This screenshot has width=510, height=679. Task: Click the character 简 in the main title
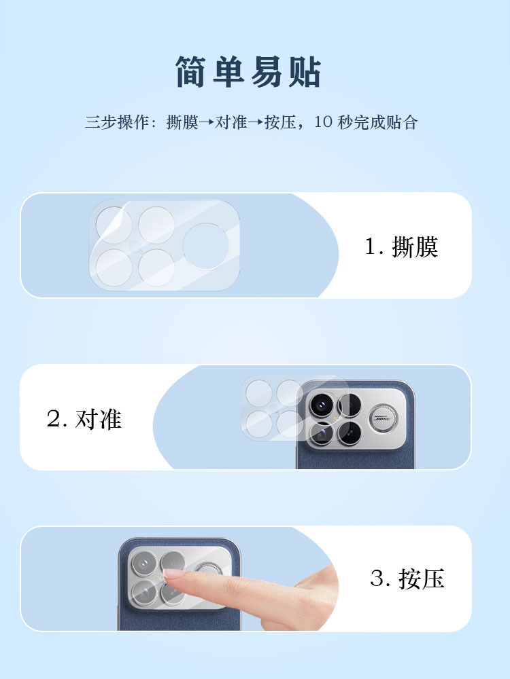pyautogui.click(x=190, y=72)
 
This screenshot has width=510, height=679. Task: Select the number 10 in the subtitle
pyautogui.click(x=323, y=122)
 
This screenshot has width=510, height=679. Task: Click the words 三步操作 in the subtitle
pyautogui.click(x=117, y=122)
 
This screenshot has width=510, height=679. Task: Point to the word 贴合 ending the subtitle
pyautogui.click(x=402, y=122)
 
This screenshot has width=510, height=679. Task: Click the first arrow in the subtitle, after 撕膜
pyautogui.click(x=207, y=122)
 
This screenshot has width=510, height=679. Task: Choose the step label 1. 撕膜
pyautogui.click(x=402, y=246)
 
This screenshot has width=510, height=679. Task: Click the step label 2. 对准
pyautogui.click(x=84, y=419)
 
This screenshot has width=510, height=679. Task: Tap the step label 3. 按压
pyautogui.click(x=407, y=579)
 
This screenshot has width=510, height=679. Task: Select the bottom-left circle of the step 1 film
pyautogui.click(x=114, y=267)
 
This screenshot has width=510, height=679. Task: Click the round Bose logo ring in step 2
pyautogui.click(x=383, y=419)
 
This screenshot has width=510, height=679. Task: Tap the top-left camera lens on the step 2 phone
pyautogui.click(x=322, y=405)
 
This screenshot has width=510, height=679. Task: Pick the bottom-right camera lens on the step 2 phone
pyautogui.click(x=350, y=433)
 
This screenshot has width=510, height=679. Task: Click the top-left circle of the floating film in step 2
pyautogui.click(x=258, y=393)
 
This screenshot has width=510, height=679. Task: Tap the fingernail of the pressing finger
pyautogui.click(x=175, y=574)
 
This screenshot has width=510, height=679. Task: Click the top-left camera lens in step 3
pyautogui.click(x=144, y=564)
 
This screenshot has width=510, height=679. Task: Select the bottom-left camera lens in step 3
pyautogui.click(x=144, y=592)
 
